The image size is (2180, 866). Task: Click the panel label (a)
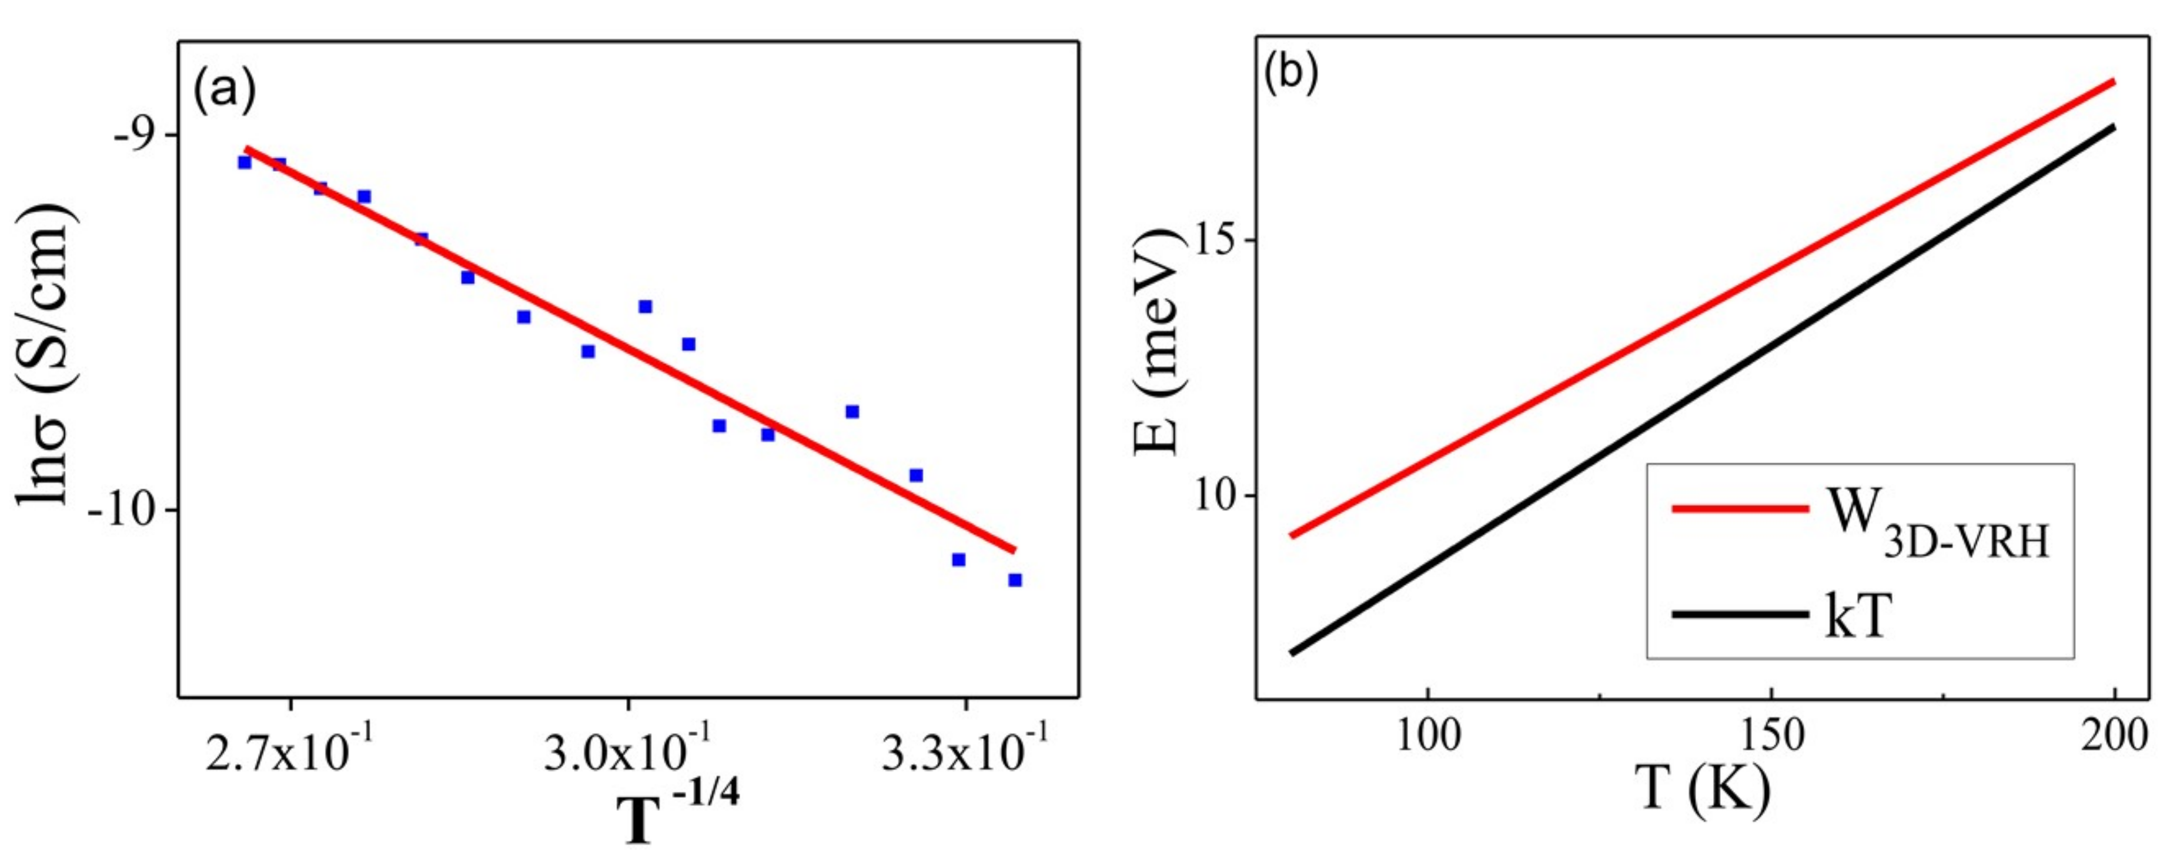[x=224, y=92]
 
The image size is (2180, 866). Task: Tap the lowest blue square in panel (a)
[x=1015, y=580]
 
